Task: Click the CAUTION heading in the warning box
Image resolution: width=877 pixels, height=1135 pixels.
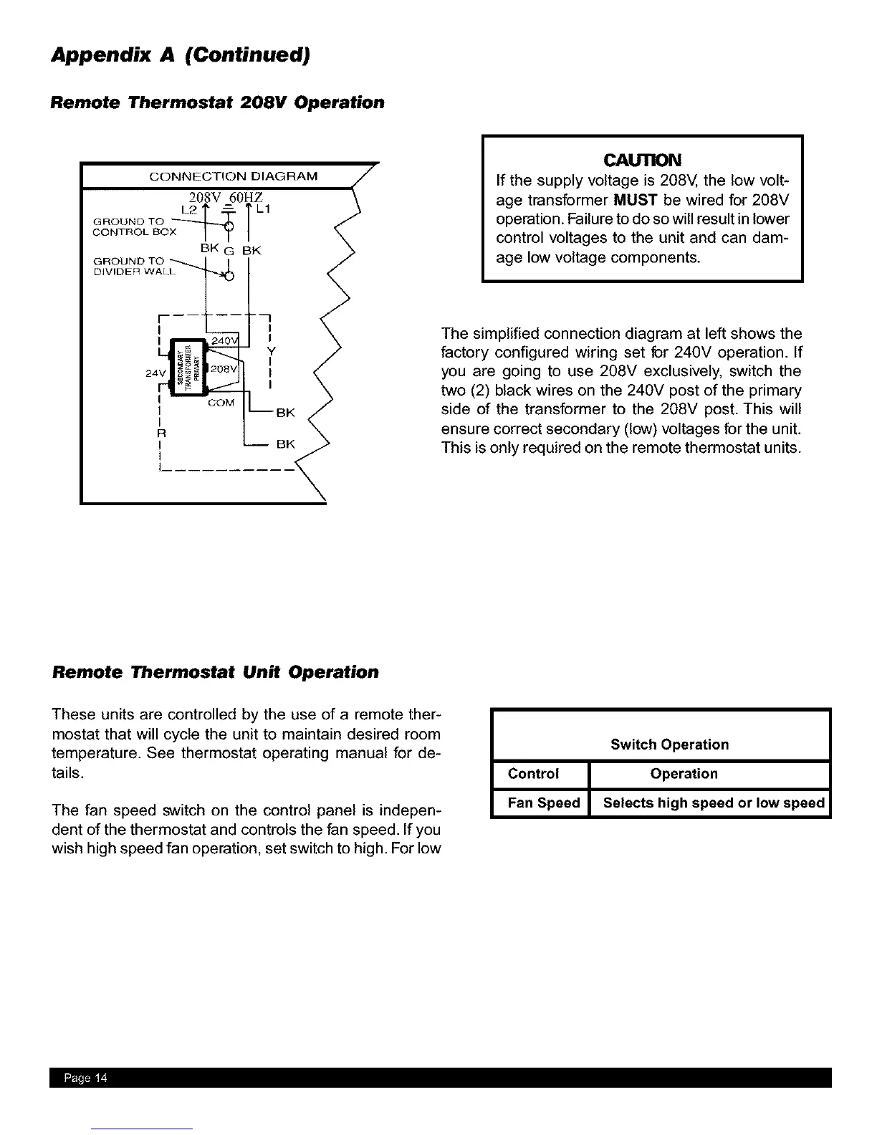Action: pyautogui.click(x=642, y=159)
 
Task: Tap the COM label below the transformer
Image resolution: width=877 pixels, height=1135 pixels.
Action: pyautogui.click(x=221, y=403)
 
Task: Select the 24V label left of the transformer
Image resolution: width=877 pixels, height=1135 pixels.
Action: pyautogui.click(x=155, y=373)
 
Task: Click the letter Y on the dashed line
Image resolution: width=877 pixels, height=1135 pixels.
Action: pyautogui.click(x=271, y=351)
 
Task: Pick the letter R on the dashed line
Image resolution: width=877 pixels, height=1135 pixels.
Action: pyautogui.click(x=161, y=434)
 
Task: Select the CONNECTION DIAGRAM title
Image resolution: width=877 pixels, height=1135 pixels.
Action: pyautogui.click(x=233, y=176)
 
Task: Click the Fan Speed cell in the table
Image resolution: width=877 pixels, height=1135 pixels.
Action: pyautogui.click(x=543, y=803)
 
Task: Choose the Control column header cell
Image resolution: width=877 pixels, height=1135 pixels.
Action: pyautogui.click(x=533, y=774)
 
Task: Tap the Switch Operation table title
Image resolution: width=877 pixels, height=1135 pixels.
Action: pyautogui.click(x=669, y=744)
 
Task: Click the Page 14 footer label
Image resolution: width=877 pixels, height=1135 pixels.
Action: pyautogui.click(x=85, y=1079)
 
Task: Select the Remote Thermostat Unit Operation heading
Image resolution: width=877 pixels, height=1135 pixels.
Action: pyautogui.click(x=215, y=672)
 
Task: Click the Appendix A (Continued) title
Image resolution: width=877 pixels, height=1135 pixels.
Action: pyautogui.click(x=180, y=55)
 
